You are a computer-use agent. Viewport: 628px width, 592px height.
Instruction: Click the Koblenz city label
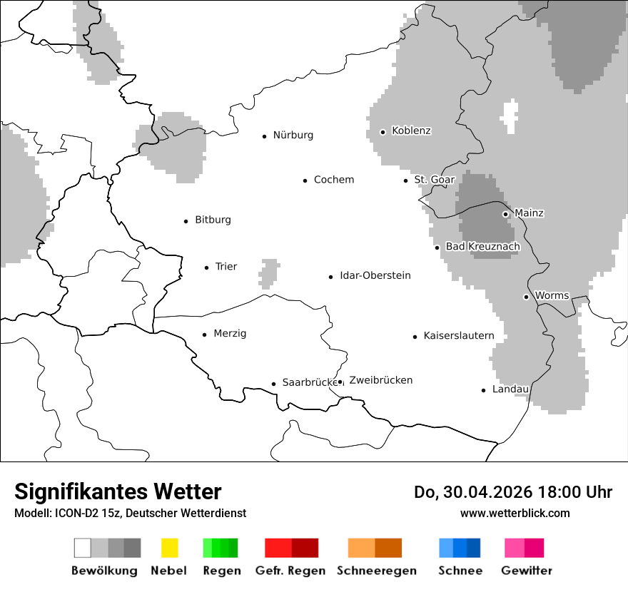[x=411, y=131]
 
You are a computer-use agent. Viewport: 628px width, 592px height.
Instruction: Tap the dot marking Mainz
[x=505, y=214]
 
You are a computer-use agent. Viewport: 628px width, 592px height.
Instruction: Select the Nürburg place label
[x=293, y=136]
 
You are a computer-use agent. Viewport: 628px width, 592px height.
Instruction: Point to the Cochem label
[x=333, y=180]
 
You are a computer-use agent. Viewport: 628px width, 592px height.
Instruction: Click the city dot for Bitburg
[x=186, y=221]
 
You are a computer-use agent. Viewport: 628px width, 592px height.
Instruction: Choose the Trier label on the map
[x=226, y=267]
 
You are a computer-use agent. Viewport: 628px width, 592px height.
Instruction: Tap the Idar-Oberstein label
[x=375, y=276]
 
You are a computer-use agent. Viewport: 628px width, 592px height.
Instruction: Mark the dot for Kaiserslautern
[x=415, y=337]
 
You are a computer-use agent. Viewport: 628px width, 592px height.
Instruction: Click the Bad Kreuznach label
[x=482, y=247]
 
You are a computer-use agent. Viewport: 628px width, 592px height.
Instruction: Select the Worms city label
[x=552, y=296]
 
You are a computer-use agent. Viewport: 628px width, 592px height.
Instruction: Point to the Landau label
[x=510, y=389]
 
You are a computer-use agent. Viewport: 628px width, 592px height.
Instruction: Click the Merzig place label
[x=230, y=334]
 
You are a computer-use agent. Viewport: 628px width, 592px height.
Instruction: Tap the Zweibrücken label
[x=380, y=381]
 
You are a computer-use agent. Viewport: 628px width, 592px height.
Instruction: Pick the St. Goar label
[x=434, y=180]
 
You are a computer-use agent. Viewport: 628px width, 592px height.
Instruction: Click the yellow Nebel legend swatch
[x=169, y=548]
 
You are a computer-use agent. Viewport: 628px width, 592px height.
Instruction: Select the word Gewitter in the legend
[x=526, y=571]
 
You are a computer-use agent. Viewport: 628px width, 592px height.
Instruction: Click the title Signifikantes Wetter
[x=118, y=492]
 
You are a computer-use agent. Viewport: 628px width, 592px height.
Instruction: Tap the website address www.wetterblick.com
[x=515, y=514]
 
